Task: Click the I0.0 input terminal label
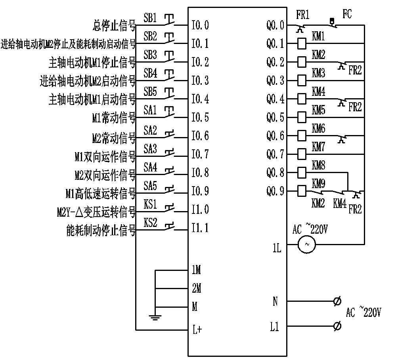(x=200, y=26)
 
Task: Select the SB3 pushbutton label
(x=150, y=55)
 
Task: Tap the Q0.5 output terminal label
(x=275, y=118)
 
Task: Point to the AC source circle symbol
(x=306, y=245)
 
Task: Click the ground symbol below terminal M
(x=155, y=316)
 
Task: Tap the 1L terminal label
(x=277, y=249)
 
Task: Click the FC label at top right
(x=347, y=15)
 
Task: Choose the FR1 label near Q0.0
(x=303, y=15)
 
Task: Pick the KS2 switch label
(x=150, y=223)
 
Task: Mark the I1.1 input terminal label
(x=200, y=228)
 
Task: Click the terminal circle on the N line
(x=337, y=302)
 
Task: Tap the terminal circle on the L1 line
(x=337, y=326)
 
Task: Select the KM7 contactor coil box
(x=302, y=154)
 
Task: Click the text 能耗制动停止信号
(x=101, y=231)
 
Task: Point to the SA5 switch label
(x=150, y=185)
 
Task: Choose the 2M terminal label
(x=196, y=289)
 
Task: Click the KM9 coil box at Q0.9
(x=302, y=191)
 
